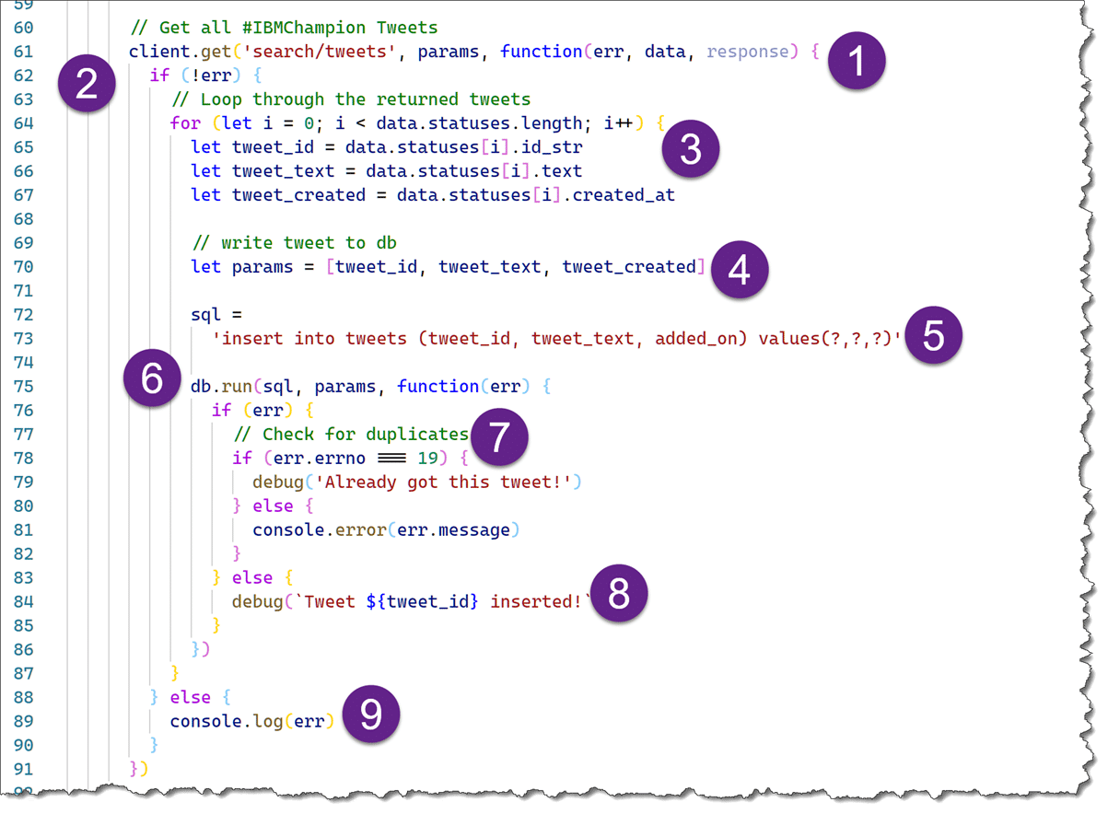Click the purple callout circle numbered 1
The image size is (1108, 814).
click(857, 64)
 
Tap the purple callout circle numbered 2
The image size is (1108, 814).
click(86, 85)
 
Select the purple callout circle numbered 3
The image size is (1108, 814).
click(691, 149)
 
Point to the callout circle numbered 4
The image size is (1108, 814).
click(739, 269)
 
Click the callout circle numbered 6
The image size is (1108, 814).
click(153, 378)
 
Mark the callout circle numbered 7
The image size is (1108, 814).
click(498, 436)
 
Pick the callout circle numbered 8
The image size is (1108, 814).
click(619, 595)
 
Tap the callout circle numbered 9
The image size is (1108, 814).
click(370, 715)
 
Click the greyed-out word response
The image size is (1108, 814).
click(748, 52)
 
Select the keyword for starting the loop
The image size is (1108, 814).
click(185, 122)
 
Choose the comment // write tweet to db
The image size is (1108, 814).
click(295, 242)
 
